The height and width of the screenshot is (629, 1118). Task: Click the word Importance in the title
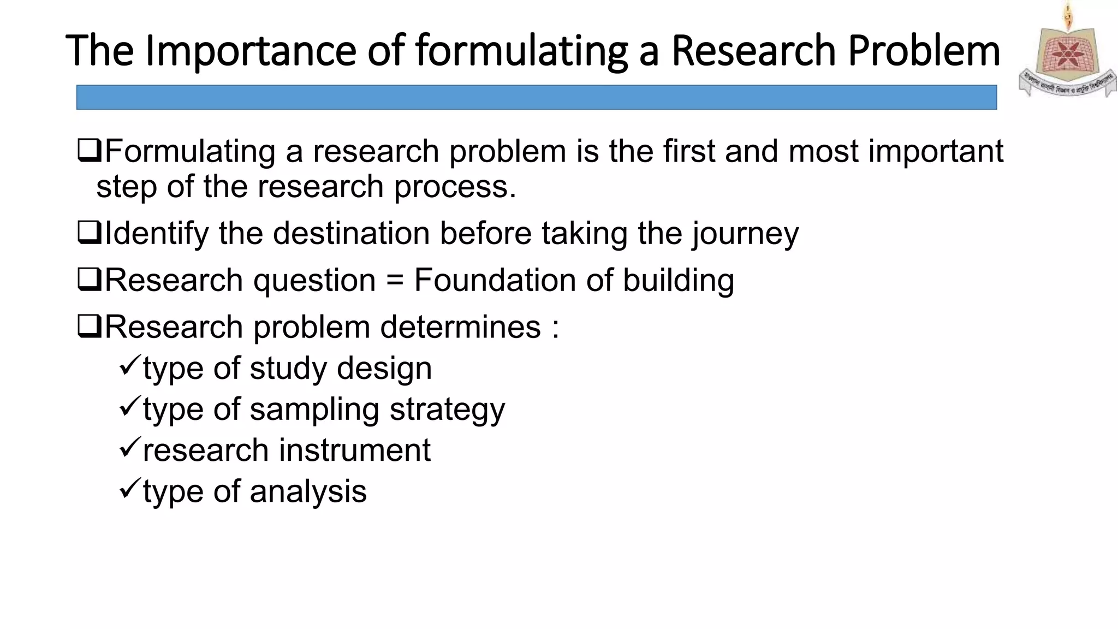pyautogui.click(x=252, y=51)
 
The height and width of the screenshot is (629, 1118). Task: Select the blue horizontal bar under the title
pyautogui.click(x=536, y=97)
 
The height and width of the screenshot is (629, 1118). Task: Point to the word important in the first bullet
pyautogui.click(x=936, y=152)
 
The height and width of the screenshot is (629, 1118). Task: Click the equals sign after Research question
pyautogui.click(x=395, y=281)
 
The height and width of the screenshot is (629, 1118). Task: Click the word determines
pyautogui.click(x=460, y=328)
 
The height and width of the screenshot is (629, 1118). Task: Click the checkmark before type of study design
pyautogui.click(x=130, y=365)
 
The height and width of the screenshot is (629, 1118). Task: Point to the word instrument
pyautogui.click(x=355, y=450)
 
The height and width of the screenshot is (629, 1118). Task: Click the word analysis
pyautogui.click(x=308, y=492)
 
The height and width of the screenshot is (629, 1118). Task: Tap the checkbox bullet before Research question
pyautogui.click(x=89, y=280)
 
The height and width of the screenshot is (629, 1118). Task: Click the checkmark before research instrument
pyautogui.click(x=130, y=447)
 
